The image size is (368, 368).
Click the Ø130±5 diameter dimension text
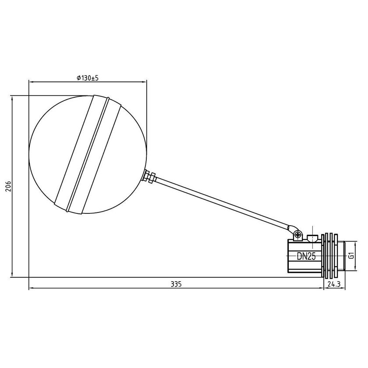[87, 78]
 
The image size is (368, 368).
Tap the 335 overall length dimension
[176, 284]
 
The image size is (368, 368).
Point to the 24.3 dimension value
[333, 284]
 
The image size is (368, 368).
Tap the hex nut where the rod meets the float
[150, 177]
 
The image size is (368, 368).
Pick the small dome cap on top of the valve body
[312, 238]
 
